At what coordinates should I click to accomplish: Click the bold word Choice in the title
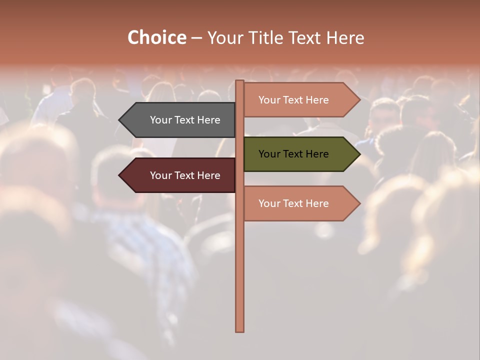point(156,38)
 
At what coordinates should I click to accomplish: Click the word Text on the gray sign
point(185,120)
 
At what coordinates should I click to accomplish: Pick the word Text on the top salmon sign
point(293,100)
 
